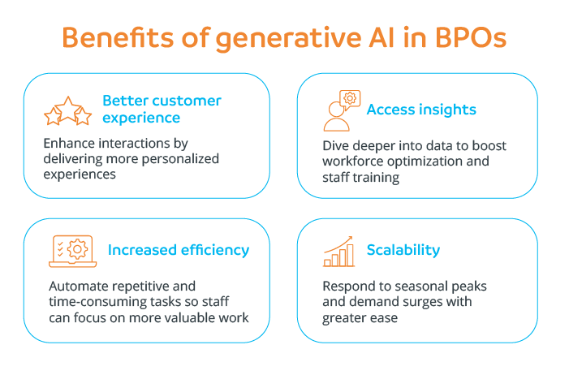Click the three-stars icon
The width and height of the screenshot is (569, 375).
coord(67,112)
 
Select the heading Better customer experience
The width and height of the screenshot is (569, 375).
coord(162,109)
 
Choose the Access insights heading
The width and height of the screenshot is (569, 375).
coord(421,110)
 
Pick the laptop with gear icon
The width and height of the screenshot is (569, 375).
coord(73,251)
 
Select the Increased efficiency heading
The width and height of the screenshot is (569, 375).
coord(178,250)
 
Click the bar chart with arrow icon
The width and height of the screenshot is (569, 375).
coord(338,252)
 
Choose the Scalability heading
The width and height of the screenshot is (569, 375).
coord(403,250)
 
